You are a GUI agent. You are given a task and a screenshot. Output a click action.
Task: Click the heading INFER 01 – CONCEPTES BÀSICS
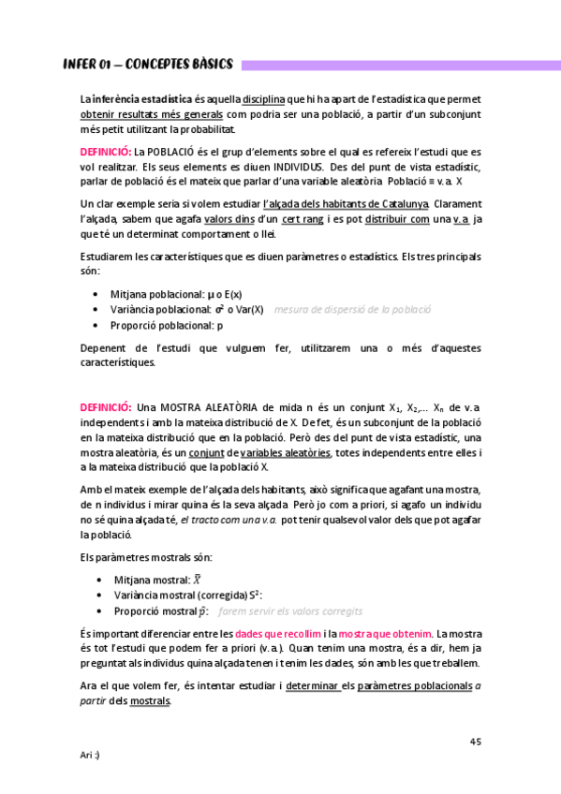(x=148, y=65)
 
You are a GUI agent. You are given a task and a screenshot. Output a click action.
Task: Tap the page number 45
(x=475, y=742)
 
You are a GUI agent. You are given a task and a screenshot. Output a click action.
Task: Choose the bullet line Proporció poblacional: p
(x=168, y=325)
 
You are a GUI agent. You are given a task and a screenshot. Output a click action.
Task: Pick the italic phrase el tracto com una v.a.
(x=231, y=520)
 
